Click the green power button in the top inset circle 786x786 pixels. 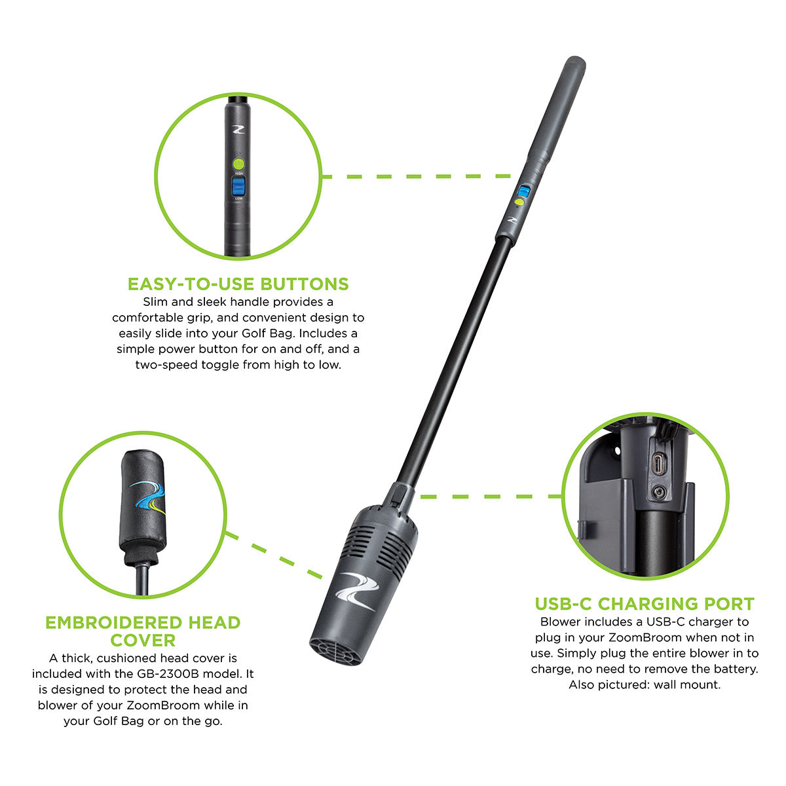(238, 163)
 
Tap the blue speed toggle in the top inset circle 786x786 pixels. (238, 187)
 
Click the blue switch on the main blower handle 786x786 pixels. (523, 191)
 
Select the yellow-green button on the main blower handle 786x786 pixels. (519, 203)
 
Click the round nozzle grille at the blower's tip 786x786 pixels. (335, 652)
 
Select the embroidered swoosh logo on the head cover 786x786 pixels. (147, 498)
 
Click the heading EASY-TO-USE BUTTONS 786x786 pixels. (238, 284)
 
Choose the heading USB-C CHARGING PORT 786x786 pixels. (645, 603)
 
